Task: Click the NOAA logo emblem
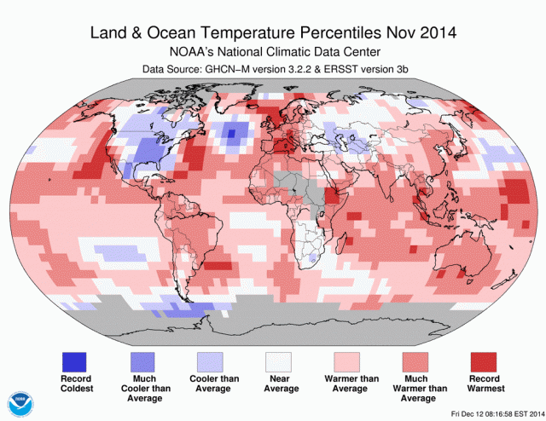(18, 402)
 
